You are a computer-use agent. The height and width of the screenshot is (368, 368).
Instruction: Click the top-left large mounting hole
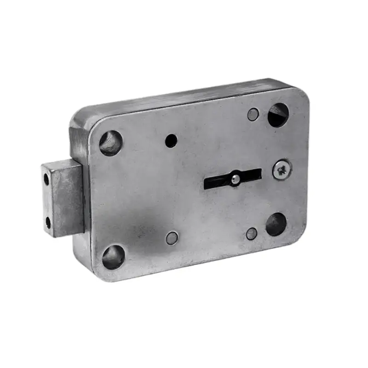pyautogui.click(x=111, y=143)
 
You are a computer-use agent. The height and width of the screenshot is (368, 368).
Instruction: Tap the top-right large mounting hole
pyautogui.click(x=278, y=115)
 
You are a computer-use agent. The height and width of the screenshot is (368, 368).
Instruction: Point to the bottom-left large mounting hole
pyautogui.click(x=113, y=257)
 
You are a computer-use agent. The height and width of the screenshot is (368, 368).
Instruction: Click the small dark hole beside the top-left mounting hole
pyautogui.click(x=172, y=140)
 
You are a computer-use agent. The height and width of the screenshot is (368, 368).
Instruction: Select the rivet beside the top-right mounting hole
pyautogui.click(x=253, y=115)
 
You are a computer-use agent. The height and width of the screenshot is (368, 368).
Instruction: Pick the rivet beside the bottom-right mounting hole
pyautogui.click(x=252, y=234)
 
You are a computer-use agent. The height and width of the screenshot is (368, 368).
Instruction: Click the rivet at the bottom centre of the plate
pyautogui.click(x=172, y=238)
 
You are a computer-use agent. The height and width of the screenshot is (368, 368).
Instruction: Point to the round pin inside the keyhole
pyautogui.click(x=235, y=179)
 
